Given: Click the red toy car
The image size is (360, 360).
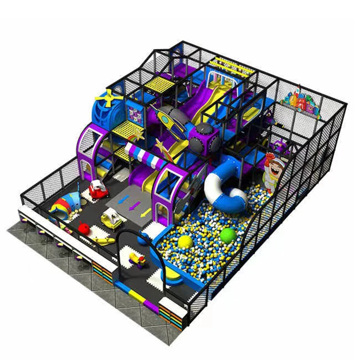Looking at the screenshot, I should coord(96,189).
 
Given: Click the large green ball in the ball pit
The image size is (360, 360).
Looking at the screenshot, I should coord(228,235).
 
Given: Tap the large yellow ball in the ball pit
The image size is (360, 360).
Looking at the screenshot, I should coord(185,242).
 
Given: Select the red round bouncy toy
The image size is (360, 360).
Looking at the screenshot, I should coord(83,228).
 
